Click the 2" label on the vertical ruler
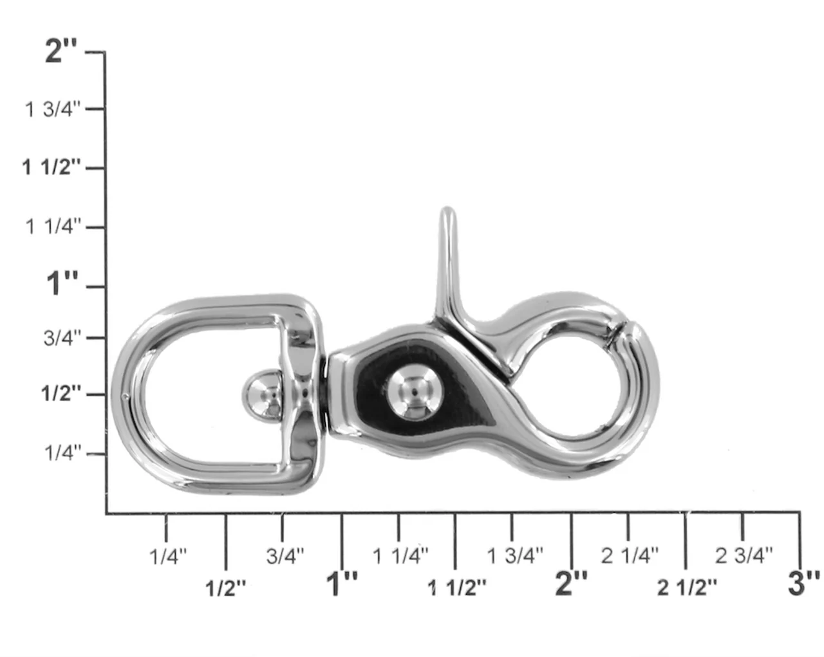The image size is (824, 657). (61, 51)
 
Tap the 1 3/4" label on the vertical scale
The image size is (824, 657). (53, 109)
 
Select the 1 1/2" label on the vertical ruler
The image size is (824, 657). (51, 168)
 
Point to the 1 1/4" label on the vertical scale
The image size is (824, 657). (53, 227)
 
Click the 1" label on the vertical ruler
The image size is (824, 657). (62, 283)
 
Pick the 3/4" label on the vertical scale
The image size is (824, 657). (62, 338)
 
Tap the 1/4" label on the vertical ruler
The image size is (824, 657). (63, 453)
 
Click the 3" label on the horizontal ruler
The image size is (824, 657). (804, 583)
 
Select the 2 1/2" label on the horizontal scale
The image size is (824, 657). (687, 587)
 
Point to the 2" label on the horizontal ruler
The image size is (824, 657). (571, 583)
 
